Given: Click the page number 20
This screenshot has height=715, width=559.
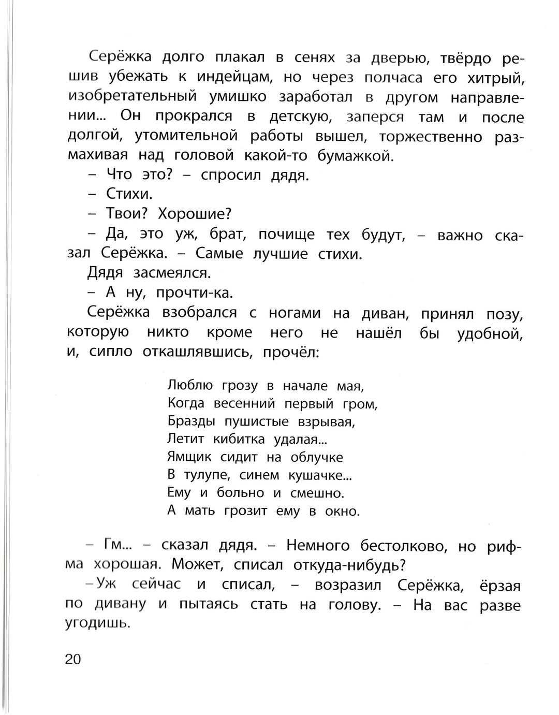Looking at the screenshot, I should (x=73, y=660).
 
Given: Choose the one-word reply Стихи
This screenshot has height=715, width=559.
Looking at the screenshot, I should (x=129, y=194).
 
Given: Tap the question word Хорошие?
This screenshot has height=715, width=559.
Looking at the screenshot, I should (x=195, y=214).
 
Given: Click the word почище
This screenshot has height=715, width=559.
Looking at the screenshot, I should (x=286, y=235).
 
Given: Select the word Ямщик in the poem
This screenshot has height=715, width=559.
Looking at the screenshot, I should (x=189, y=458).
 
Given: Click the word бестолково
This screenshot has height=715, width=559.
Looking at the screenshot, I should (x=401, y=546).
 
